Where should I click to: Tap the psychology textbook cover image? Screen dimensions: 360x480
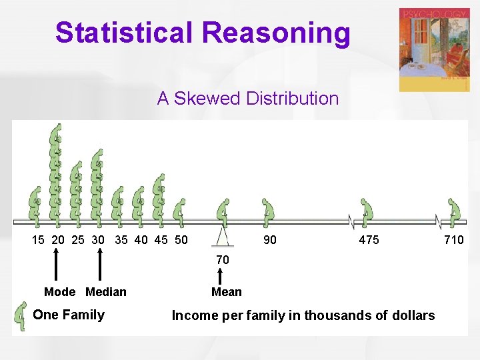coord(434,50)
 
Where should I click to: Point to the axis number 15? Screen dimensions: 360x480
coord(39,240)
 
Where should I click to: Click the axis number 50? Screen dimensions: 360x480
coord(181,240)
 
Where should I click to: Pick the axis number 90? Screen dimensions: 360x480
coord(269,240)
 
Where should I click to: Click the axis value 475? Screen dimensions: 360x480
coord(369,240)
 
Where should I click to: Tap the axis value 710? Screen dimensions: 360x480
coord(454,240)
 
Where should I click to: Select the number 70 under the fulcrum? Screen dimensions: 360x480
coord(223,259)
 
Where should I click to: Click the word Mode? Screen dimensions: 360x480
coord(59,292)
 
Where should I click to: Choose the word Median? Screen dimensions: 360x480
coord(106,292)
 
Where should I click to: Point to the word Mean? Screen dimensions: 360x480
coord(227,292)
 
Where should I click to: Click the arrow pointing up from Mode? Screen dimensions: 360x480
coord(56,264)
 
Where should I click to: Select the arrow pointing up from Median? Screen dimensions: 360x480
coord(100,264)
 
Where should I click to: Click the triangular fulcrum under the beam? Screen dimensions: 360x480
coord(225,235)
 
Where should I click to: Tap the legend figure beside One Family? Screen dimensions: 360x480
coord(21,315)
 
